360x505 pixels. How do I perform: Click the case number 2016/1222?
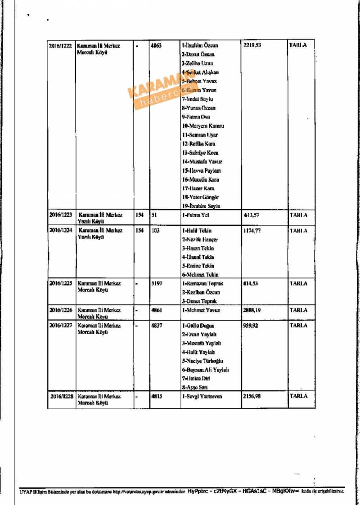[x=60, y=46]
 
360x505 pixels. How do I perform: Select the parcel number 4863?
[x=156, y=46]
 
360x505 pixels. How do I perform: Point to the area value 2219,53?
[x=252, y=46]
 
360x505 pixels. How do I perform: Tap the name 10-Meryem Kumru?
[x=203, y=126]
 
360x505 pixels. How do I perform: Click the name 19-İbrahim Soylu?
[x=201, y=206]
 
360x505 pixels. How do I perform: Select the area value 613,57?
[x=252, y=215]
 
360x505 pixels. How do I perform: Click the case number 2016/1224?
[x=60, y=231]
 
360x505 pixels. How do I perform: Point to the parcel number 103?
[x=155, y=231]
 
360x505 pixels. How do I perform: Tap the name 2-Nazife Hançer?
[x=200, y=240]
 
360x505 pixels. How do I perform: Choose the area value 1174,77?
[x=252, y=231]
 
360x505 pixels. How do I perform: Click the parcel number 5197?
[x=156, y=284]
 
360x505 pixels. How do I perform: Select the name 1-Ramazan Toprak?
[x=202, y=284]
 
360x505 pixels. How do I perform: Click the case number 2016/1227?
[x=60, y=326]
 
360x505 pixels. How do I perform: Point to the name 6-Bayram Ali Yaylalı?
[x=205, y=370]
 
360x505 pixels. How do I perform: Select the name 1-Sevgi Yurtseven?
[x=202, y=396]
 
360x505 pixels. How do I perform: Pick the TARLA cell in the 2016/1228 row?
[x=299, y=396]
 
